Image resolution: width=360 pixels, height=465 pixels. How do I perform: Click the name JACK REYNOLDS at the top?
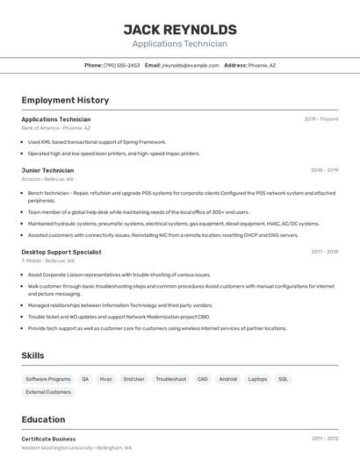(180, 29)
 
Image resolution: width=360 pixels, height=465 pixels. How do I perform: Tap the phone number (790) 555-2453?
(121, 66)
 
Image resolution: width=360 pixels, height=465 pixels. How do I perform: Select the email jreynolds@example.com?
(191, 66)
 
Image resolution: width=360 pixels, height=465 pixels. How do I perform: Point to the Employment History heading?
(65, 101)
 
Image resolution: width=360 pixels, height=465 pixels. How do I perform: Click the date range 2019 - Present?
(321, 119)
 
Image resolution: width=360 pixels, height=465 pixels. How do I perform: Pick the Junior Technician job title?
(47, 170)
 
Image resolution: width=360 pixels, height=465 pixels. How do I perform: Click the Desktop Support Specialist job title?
(61, 252)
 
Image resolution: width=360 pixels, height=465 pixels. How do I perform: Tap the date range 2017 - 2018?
(324, 252)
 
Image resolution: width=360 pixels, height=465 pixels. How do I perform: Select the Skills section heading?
(32, 355)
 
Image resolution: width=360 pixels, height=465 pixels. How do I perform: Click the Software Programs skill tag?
(48, 379)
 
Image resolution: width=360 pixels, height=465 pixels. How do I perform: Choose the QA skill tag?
(85, 379)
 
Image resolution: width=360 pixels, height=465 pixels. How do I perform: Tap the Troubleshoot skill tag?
(170, 379)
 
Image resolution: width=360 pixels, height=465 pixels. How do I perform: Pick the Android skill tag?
(227, 379)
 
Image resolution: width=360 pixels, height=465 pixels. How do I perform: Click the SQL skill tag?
(283, 379)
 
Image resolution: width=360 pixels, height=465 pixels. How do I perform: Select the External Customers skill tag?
(48, 392)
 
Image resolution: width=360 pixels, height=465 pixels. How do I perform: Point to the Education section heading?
(43, 419)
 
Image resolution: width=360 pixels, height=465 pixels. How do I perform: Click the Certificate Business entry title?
(48, 439)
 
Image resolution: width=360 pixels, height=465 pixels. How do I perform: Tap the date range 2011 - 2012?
(324, 438)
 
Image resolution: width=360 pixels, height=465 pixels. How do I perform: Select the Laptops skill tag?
(257, 379)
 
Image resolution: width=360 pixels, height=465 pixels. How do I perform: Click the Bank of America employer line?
(55, 128)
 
